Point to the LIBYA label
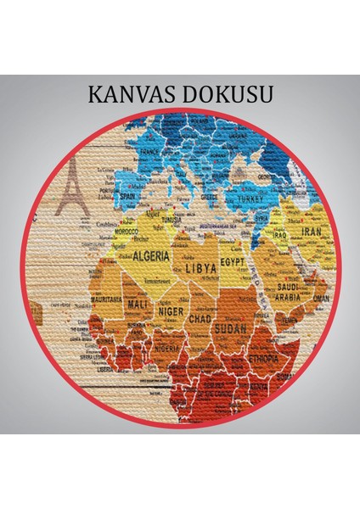200,268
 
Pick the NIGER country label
169,311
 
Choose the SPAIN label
129,195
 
